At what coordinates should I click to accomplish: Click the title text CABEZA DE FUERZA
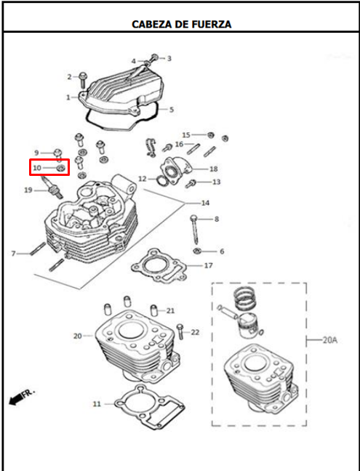(182, 24)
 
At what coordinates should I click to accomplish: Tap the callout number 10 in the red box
(37, 168)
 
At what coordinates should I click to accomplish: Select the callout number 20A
(329, 340)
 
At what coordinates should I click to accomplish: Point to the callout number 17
(208, 265)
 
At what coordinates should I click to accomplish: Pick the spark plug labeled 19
(52, 188)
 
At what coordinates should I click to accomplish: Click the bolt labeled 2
(83, 79)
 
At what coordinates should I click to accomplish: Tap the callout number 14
(205, 203)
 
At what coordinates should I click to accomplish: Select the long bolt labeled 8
(195, 230)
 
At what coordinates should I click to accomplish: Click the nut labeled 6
(196, 251)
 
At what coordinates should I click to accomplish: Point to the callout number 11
(97, 404)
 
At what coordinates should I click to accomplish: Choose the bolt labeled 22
(180, 331)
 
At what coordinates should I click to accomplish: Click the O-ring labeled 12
(162, 180)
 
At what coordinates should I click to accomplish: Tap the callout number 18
(213, 169)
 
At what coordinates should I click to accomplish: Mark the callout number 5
(172, 109)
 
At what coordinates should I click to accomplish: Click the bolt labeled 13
(191, 183)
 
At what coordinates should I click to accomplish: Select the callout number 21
(170, 310)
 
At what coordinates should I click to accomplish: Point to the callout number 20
(78, 336)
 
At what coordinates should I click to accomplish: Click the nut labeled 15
(211, 135)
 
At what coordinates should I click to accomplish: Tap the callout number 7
(14, 254)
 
